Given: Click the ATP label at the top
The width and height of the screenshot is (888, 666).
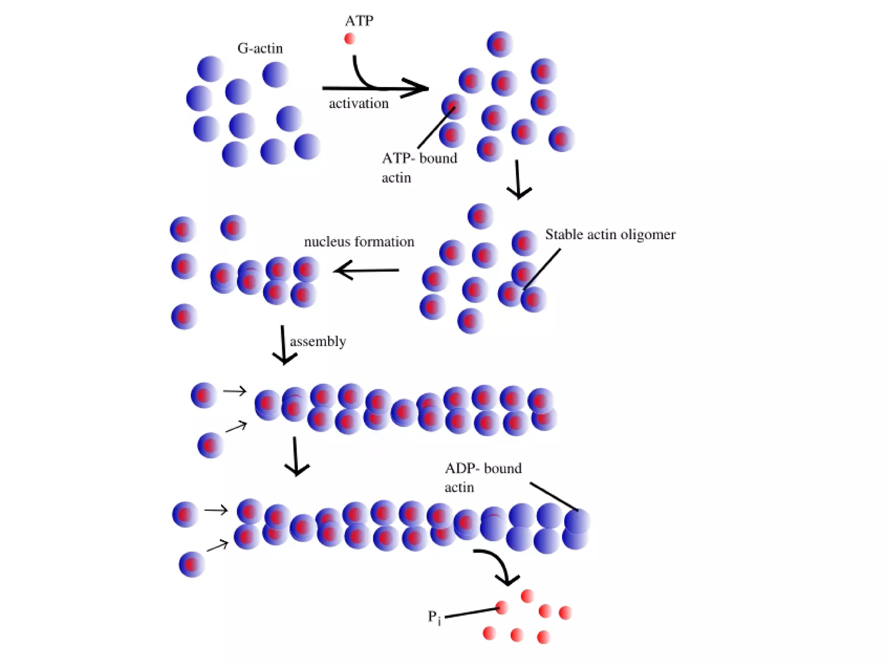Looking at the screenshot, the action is pos(359,21).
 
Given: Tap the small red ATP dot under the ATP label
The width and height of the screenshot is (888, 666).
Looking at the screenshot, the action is pos(349,39).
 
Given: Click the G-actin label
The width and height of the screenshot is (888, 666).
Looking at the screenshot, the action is pos(260,48).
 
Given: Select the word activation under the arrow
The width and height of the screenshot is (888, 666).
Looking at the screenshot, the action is pos(359,104).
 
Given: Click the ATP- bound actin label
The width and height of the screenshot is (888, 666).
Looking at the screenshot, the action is pos(419,167).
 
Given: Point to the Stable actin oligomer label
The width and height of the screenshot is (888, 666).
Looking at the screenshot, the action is pos(610,235).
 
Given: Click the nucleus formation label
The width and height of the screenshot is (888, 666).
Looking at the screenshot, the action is pos(359,242).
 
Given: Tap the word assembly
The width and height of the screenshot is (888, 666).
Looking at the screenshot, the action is pos(318,342).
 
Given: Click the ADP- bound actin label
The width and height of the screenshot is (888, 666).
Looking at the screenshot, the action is pos(483,477).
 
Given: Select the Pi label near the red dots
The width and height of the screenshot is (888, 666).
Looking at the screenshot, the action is pos(434,617).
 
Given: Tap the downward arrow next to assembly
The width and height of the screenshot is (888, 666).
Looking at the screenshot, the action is pos(284,345).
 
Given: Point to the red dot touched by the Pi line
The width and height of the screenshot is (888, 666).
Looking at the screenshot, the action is pos(502,607).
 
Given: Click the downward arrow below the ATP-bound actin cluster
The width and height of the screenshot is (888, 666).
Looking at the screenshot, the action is pos(518,180).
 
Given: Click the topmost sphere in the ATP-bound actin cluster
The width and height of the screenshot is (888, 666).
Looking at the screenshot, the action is pos(500,44).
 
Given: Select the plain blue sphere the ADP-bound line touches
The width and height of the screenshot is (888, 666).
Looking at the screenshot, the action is pos(577,520).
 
